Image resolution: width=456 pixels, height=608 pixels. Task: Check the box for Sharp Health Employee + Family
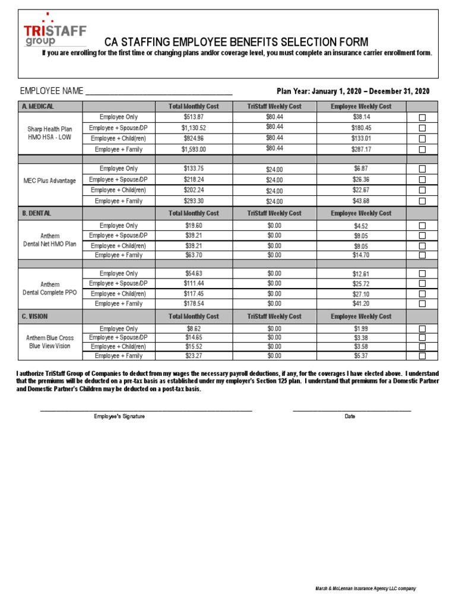click(422, 150)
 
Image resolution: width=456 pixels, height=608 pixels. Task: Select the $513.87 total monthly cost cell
click(194, 117)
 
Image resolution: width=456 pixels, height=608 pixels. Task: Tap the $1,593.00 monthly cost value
click(194, 150)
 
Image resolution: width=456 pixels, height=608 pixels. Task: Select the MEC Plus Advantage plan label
click(51, 180)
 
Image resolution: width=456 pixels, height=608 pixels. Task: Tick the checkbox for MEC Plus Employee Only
click(422, 169)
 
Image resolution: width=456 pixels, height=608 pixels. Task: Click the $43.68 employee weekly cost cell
click(362, 201)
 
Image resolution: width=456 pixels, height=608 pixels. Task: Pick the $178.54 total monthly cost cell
click(194, 303)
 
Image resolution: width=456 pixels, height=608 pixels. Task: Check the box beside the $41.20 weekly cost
click(422, 303)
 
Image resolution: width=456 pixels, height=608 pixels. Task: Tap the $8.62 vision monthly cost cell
click(194, 328)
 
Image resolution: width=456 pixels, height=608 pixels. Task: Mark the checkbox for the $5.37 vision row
click(422, 356)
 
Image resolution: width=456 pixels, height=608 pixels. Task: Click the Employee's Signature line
click(146, 409)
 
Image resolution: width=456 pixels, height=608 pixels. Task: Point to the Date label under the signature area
click(350, 416)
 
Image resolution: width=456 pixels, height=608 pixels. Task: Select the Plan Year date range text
click(353, 91)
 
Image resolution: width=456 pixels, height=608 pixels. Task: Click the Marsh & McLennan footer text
click(365, 588)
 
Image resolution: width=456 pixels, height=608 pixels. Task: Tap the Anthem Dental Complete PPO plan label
click(50, 289)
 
